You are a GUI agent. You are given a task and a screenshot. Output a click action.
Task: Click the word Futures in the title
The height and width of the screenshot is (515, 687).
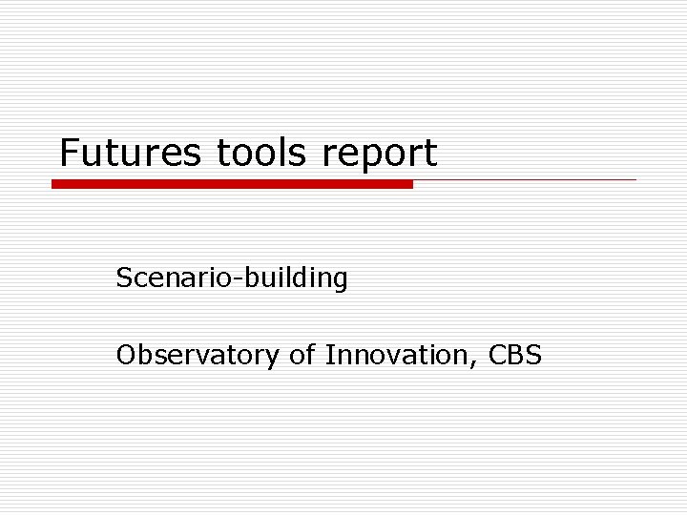coord(130,153)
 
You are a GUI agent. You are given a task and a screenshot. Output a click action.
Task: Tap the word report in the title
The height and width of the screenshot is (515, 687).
coord(380,154)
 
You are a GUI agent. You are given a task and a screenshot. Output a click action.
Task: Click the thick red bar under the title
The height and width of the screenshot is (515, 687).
coord(232,184)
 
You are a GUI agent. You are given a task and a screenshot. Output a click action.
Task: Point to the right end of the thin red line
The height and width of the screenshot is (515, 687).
coord(634,179)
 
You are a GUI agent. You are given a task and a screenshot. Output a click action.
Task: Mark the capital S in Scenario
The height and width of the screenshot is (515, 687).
coord(124,278)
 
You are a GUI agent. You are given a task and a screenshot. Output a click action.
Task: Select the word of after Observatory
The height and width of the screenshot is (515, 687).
coord(302,356)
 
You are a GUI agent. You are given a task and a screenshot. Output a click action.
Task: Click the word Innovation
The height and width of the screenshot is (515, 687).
coord(399,356)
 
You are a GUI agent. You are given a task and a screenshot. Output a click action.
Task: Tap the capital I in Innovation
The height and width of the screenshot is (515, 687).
coord(329,356)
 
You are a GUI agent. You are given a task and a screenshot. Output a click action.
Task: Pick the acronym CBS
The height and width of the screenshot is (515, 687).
coord(514,356)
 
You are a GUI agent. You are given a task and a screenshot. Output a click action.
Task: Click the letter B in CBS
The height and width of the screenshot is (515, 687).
coord(515,356)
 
